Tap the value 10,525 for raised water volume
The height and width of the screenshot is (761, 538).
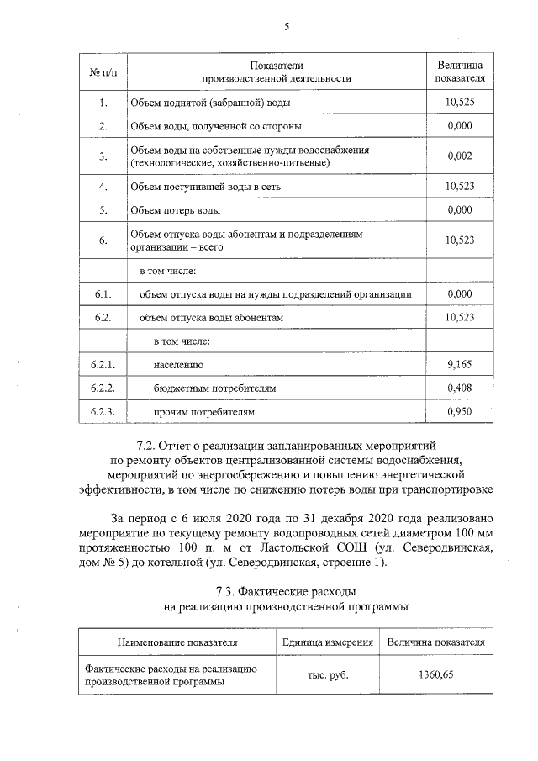point(460,103)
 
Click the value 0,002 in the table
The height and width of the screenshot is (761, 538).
point(460,156)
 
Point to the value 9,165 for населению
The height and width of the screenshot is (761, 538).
point(460,365)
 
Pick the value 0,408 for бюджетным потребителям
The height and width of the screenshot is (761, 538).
point(460,388)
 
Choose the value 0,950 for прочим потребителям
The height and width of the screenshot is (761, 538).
point(460,413)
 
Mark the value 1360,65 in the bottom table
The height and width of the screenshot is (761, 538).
point(435,674)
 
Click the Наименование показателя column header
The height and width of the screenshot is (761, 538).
point(177,642)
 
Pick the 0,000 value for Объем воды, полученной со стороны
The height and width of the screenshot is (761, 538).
point(460,126)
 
